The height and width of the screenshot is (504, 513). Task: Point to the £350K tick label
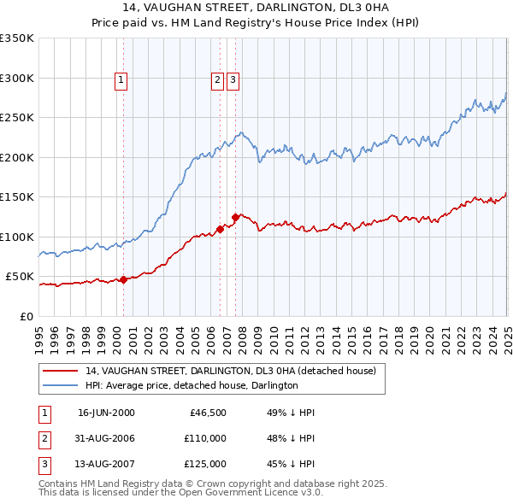coord(17,38)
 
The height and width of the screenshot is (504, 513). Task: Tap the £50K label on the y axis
coord(20,277)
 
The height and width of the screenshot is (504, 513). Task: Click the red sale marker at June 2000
coord(124,279)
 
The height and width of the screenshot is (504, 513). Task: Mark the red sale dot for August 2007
coord(235,217)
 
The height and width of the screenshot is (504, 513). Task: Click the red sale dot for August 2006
coord(221,229)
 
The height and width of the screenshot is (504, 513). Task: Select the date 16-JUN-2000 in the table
coord(106,413)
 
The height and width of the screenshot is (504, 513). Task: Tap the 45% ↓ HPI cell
coord(285,466)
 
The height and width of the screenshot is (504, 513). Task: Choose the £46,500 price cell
coord(206,413)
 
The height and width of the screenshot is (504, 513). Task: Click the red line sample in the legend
coord(60,371)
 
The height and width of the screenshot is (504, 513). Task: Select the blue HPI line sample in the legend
coord(60,385)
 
